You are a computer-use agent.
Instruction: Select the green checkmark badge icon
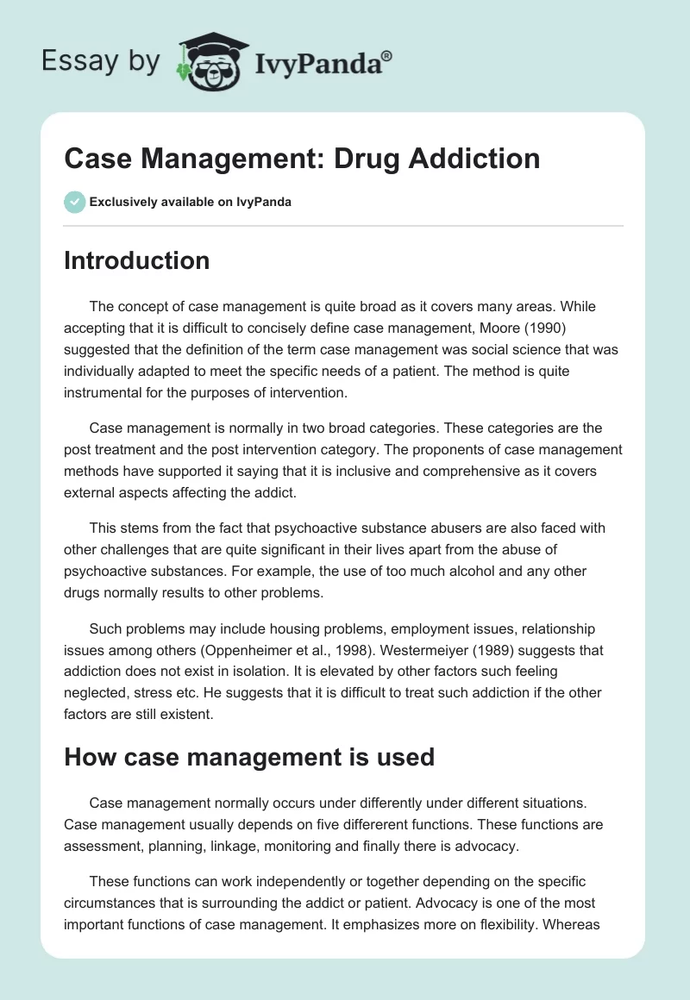tap(74, 202)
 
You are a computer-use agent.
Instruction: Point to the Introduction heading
tap(136, 260)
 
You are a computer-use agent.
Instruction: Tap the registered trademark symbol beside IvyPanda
tap(387, 55)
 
